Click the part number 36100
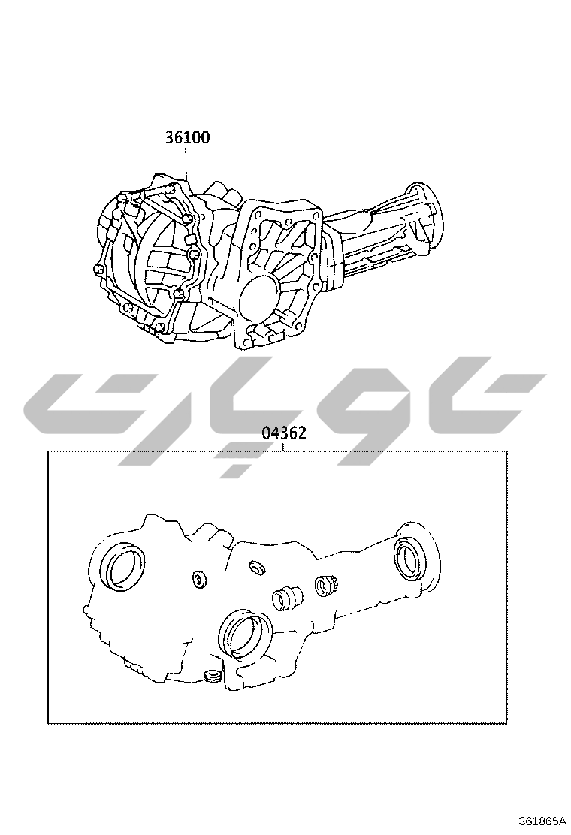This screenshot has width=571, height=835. pos(187,137)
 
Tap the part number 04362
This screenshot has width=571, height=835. pos(284,433)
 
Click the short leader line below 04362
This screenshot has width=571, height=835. pos(284,446)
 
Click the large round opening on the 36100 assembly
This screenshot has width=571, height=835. pos(259,297)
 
